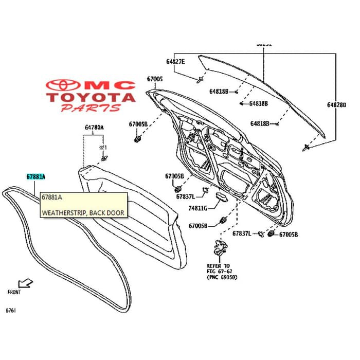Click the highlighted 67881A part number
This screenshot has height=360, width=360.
[x=36, y=176]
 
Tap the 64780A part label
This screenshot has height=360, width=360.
[x=94, y=127]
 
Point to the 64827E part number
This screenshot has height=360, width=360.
[x=176, y=62]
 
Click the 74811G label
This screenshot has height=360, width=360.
[x=197, y=208]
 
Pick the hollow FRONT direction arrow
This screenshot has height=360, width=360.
[x=24, y=283]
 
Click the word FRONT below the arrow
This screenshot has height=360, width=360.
[x=14, y=292]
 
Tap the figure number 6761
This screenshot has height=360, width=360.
[x=10, y=311]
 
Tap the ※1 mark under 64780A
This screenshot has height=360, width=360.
[x=101, y=148]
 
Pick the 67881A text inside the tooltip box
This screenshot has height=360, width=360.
[x=52, y=197]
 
